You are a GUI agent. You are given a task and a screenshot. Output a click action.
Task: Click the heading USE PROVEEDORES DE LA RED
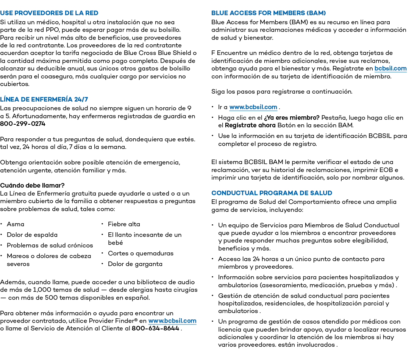(49, 13)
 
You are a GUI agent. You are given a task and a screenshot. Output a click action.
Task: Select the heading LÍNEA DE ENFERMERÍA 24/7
(44, 99)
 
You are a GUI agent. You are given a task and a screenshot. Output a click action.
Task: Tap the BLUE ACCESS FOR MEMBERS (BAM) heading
(269, 13)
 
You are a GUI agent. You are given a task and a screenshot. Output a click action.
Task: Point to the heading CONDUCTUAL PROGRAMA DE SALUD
(272, 193)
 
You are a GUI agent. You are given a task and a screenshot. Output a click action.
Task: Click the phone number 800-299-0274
(23, 124)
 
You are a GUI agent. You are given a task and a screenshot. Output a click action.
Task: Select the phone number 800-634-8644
(156, 329)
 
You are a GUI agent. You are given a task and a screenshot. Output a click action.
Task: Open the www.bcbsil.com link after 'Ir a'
(253, 107)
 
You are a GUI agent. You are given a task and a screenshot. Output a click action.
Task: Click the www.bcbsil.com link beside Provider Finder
(172, 321)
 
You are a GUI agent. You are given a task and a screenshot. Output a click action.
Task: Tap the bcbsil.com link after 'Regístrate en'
(390, 69)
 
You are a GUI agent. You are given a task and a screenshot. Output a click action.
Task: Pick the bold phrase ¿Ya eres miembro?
(292, 118)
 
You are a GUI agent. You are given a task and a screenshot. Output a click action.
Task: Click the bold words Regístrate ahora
(250, 125)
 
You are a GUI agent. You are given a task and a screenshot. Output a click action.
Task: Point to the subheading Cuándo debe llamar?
(32, 186)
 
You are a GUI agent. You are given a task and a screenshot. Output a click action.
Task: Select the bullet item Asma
(16, 224)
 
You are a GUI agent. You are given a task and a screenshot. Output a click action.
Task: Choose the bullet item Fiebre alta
(124, 224)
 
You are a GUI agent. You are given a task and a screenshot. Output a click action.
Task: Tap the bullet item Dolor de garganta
(135, 264)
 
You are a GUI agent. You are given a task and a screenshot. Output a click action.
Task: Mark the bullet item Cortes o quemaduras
(140, 254)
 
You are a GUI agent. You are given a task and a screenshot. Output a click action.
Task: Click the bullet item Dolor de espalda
(32, 235)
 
